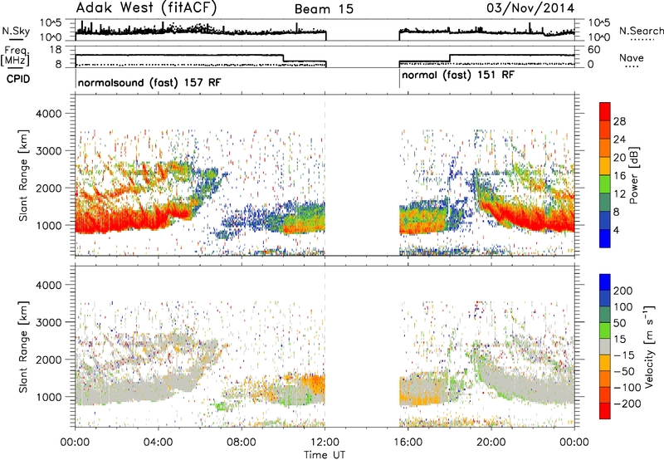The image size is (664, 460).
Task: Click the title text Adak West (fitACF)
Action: coord(146,8)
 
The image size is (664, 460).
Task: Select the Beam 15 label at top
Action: coord(324,9)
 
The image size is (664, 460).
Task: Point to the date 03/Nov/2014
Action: coord(530,8)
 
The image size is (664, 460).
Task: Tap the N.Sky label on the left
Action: coord(16,31)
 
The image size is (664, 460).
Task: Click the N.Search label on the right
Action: coord(641,31)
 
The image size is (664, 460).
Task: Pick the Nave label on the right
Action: coord(632,57)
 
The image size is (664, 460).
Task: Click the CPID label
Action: coord(18,79)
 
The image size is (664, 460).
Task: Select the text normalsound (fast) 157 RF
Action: coord(149,82)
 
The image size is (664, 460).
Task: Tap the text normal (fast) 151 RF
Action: coord(458,76)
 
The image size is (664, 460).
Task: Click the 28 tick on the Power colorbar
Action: coord(619,121)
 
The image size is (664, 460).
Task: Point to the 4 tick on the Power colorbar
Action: coord(616,230)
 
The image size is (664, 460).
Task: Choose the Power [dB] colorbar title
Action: coord(634,175)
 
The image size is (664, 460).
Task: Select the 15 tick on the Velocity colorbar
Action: coord(618,340)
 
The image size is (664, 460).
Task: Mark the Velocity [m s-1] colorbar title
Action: coord(649,346)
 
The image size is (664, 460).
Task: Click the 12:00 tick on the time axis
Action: coord(325,443)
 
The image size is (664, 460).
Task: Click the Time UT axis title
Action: coord(325,455)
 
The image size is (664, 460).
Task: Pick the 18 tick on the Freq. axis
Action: coord(56,50)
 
